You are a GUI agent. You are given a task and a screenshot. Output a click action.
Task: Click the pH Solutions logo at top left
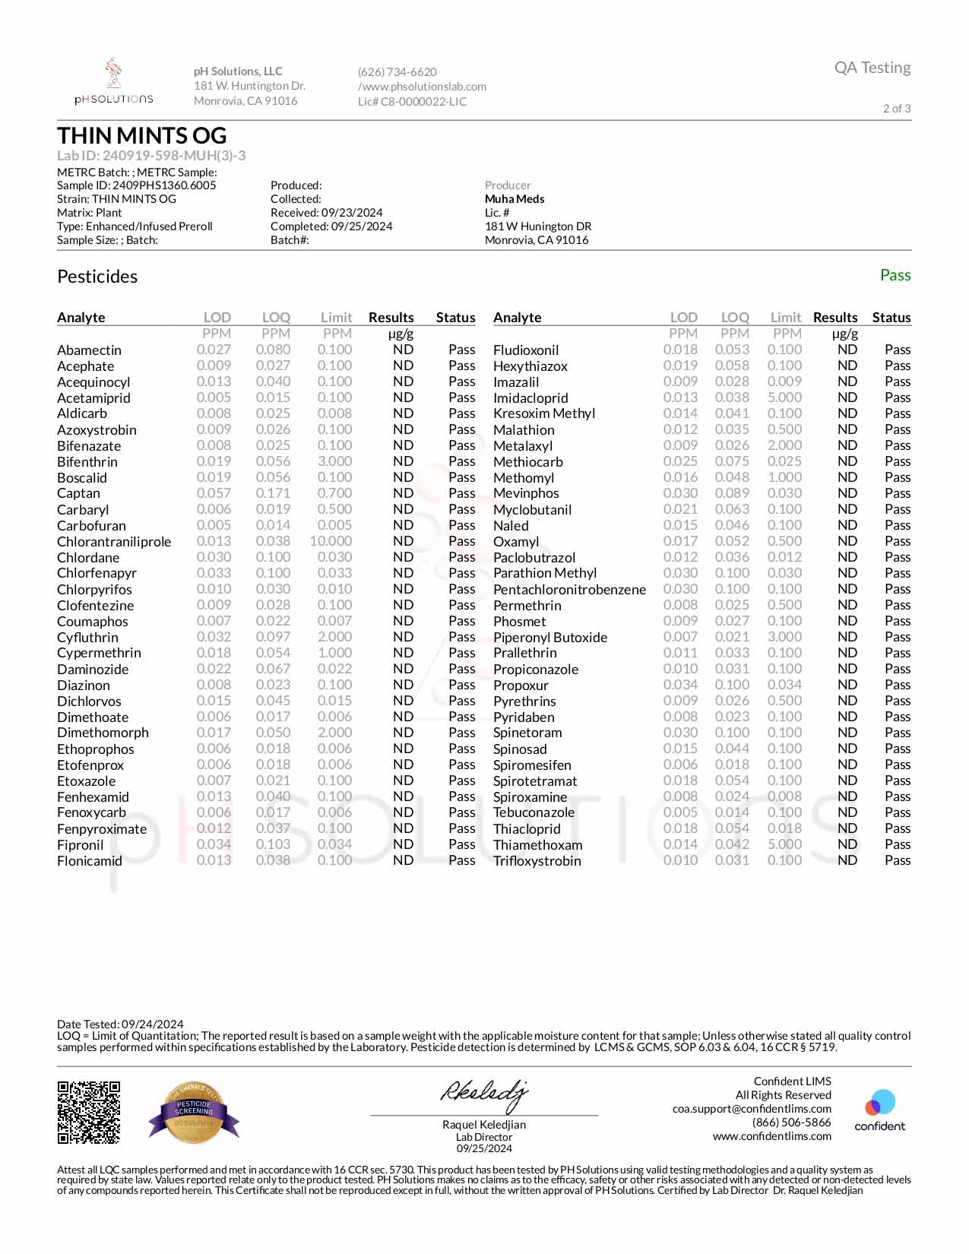click(114, 82)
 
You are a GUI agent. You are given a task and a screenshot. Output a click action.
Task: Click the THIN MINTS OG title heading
click(142, 136)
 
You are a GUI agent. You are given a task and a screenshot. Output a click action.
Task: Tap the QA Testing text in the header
click(872, 68)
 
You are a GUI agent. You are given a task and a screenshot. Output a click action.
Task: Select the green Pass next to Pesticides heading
click(895, 275)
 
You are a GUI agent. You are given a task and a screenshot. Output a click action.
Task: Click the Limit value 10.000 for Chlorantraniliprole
click(331, 541)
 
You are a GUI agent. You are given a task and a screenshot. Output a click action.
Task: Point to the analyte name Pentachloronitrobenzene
click(569, 590)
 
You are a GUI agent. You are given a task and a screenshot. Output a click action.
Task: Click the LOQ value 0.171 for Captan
click(273, 493)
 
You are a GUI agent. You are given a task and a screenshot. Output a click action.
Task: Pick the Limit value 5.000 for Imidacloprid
click(784, 397)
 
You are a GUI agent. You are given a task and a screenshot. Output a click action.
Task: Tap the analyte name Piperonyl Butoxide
click(550, 638)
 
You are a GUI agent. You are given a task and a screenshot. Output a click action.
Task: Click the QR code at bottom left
click(89, 1113)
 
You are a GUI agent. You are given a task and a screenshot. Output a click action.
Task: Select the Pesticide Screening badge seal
click(195, 1113)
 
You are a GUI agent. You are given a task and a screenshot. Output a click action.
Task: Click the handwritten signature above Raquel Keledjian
click(483, 1094)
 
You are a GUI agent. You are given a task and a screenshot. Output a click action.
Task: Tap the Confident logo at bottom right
click(880, 1110)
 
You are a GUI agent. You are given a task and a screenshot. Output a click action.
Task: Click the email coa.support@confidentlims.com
click(752, 1109)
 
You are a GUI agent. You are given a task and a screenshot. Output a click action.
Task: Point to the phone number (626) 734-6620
click(397, 72)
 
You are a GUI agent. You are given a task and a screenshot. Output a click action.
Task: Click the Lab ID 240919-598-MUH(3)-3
click(151, 156)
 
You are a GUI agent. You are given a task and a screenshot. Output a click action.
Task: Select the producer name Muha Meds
click(515, 199)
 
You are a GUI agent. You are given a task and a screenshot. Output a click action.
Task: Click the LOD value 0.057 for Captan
click(214, 493)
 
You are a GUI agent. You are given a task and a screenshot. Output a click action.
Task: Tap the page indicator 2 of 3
click(897, 109)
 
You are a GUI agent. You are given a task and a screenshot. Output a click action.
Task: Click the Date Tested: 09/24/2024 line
click(120, 1024)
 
